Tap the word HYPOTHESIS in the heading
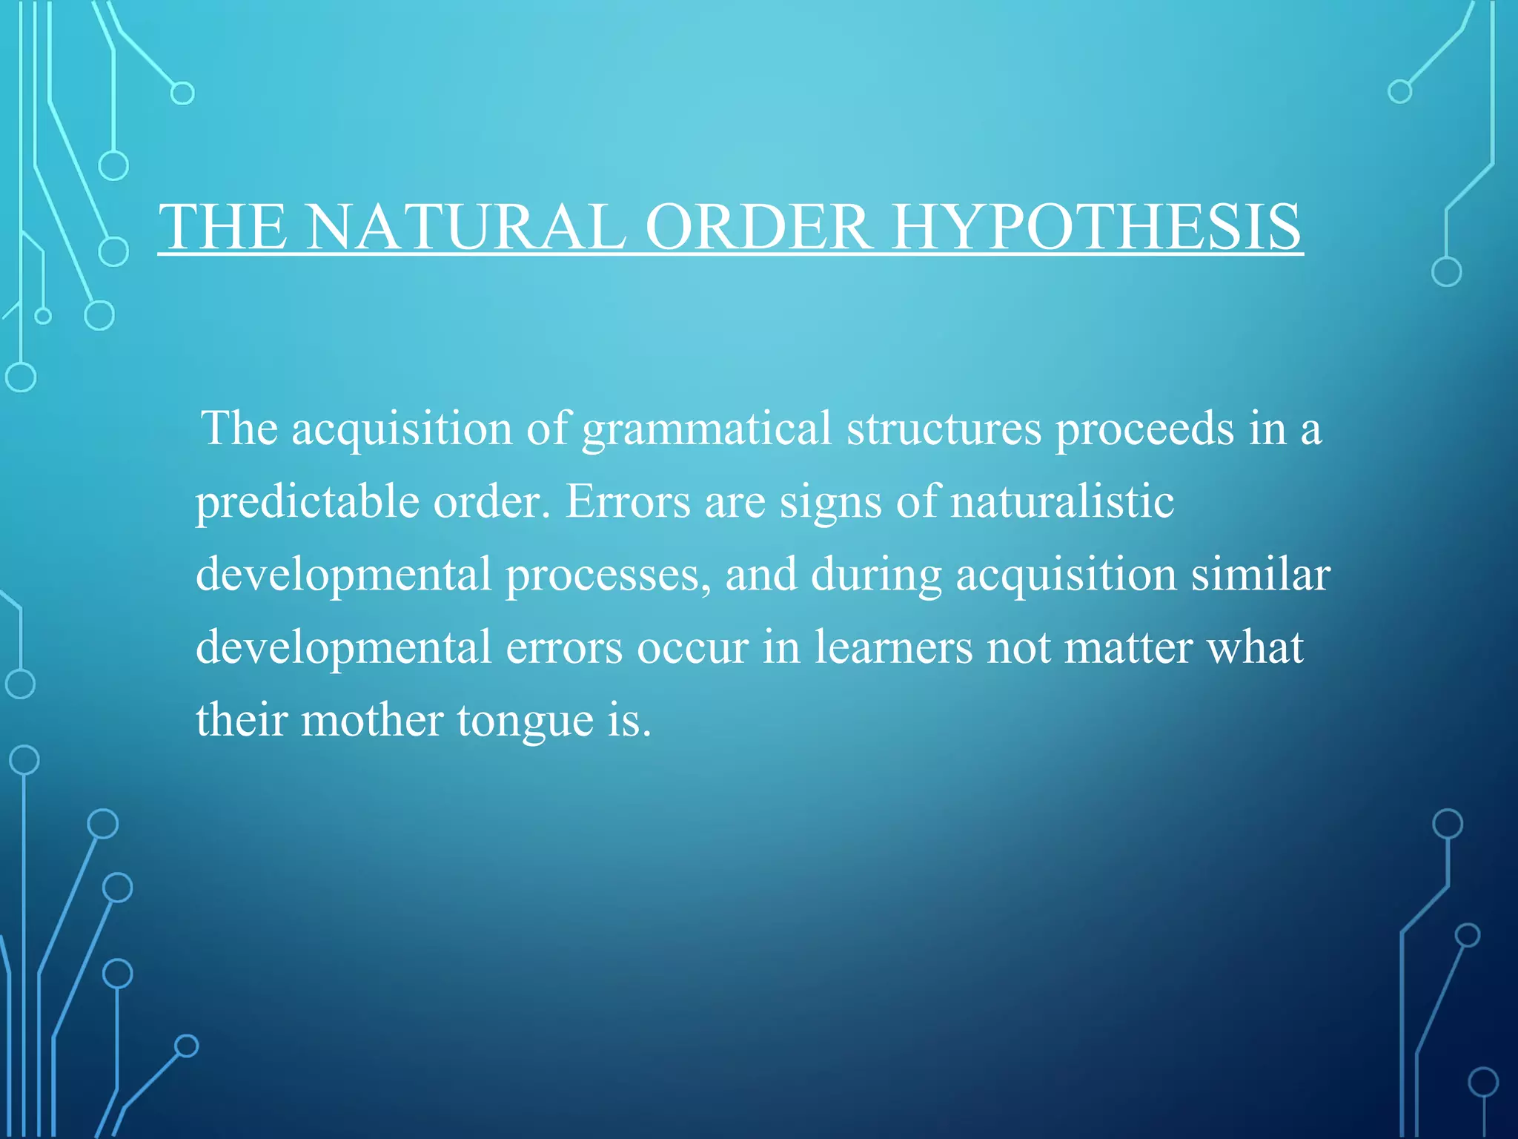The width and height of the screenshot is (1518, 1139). pos(1096,227)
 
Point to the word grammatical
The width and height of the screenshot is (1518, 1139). pos(707,430)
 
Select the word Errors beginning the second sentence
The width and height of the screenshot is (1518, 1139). pos(629,502)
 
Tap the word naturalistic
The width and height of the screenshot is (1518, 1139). pos(1061,502)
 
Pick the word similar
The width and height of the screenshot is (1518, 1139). pos(1261,575)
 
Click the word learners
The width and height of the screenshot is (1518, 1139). pos(893,648)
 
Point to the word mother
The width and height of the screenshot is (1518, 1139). pos(371,721)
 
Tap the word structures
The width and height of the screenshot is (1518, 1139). pos(944,429)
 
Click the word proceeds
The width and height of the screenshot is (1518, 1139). pos(1144,430)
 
